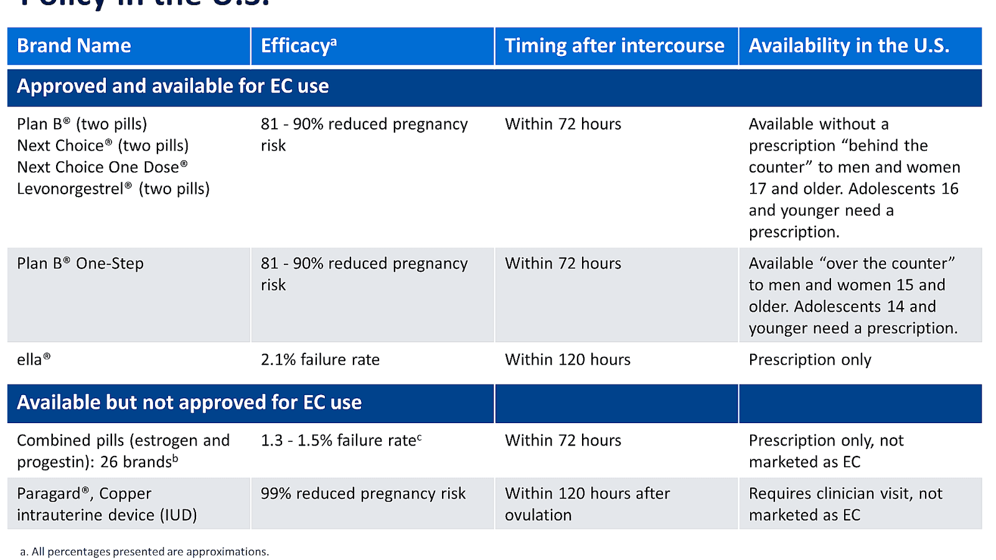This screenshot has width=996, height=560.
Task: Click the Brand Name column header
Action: [x=74, y=46]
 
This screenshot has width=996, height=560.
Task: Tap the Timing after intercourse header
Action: [x=614, y=46]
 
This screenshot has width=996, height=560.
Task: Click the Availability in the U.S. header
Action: [x=848, y=46]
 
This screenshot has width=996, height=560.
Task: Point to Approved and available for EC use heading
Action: [x=173, y=86]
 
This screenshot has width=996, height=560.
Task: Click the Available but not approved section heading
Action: [x=189, y=403]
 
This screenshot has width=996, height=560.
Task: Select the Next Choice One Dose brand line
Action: [x=102, y=167]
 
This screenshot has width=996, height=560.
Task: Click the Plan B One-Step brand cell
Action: [x=80, y=264]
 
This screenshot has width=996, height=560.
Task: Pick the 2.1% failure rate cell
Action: [x=320, y=360]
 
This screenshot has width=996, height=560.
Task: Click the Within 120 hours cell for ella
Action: [x=567, y=360]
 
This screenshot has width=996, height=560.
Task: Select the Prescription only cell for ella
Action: [x=809, y=360]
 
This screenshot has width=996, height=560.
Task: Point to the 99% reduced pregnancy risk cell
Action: [x=363, y=493]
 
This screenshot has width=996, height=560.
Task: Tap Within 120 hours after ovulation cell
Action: [x=587, y=504]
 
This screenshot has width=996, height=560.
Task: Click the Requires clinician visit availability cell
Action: [x=845, y=504]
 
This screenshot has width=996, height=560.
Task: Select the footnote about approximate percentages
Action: [x=144, y=552]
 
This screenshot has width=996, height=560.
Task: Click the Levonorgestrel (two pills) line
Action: [x=113, y=189]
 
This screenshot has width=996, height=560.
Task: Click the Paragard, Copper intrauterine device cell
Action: [x=106, y=504]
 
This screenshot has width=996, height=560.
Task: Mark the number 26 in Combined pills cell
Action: [x=109, y=462]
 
